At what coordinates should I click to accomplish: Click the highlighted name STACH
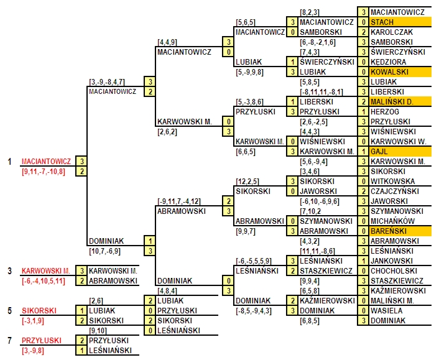click(x=382, y=22)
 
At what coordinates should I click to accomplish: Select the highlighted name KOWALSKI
click(x=389, y=72)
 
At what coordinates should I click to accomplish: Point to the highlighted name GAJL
click(x=379, y=152)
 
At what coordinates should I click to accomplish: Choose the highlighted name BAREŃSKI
click(x=389, y=231)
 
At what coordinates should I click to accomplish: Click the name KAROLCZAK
click(x=392, y=32)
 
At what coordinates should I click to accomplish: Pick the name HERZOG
click(x=385, y=112)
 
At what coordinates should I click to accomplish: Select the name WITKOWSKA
click(x=392, y=182)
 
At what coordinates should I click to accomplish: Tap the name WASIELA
click(x=386, y=311)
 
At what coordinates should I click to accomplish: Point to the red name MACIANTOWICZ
click(x=46, y=162)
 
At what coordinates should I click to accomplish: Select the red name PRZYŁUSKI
click(x=42, y=341)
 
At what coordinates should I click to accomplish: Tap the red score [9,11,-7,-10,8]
click(x=44, y=172)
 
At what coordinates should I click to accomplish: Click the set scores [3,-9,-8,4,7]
click(x=107, y=82)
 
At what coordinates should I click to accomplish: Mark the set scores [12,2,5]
click(x=247, y=182)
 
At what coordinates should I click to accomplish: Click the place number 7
click(x=10, y=341)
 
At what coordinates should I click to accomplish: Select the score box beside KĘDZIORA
click(x=363, y=62)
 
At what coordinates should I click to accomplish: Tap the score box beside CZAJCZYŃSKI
click(x=363, y=192)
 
